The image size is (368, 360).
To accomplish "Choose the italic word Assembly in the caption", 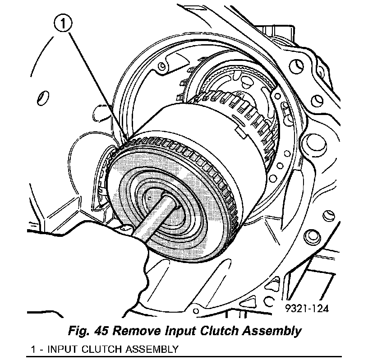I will [276, 331].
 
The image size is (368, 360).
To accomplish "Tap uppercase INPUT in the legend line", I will [62, 349].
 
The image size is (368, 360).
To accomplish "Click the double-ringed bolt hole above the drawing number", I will [310, 236].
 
